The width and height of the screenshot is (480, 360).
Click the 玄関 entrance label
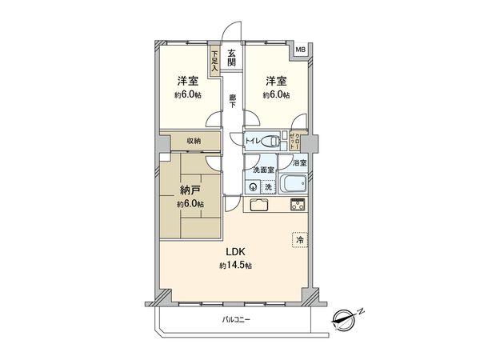231,58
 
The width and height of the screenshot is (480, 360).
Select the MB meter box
300,50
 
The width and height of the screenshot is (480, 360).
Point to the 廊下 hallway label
231,102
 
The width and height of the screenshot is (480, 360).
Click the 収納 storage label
194,141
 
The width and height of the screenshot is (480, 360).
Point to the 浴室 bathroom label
297,163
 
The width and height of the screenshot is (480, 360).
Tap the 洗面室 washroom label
263,170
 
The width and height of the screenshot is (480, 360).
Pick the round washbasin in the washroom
254,187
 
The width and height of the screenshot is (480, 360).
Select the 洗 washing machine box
269,187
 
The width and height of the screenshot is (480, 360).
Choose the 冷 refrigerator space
300,238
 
